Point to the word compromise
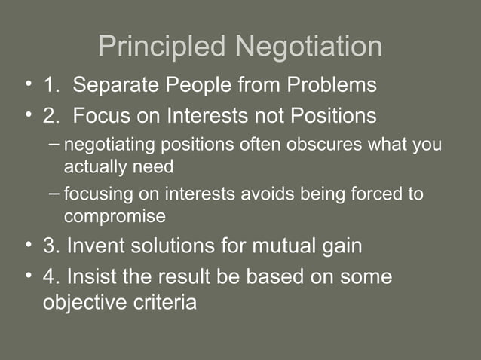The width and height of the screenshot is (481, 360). [115, 216]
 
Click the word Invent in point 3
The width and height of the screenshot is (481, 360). [99, 246]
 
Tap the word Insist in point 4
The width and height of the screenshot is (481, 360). [91, 276]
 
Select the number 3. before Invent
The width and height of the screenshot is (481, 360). [52, 246]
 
